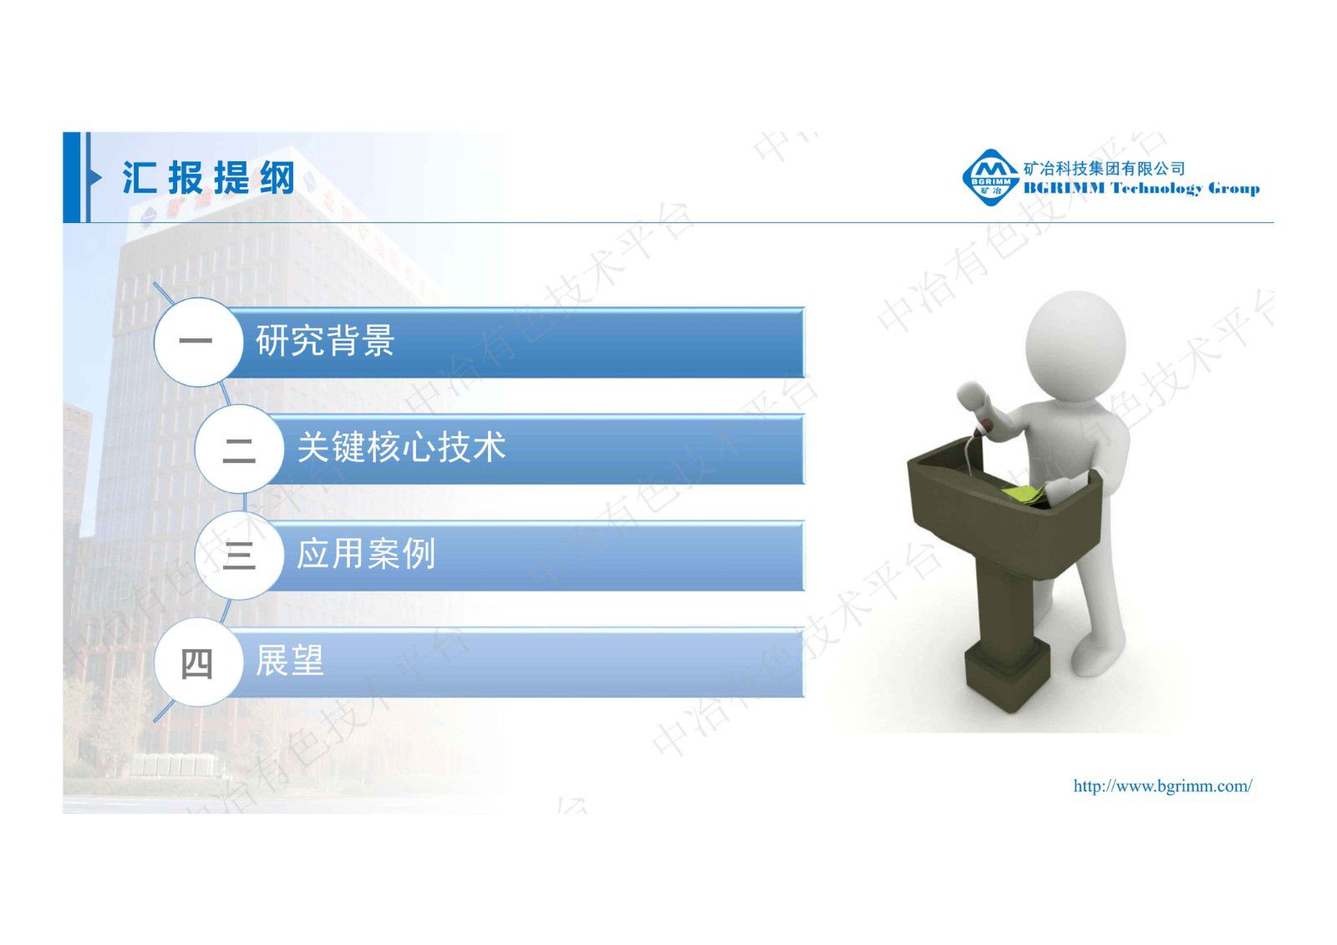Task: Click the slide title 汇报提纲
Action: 208,178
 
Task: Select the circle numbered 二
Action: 238,449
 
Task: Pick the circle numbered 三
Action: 238,555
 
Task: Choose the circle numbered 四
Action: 196,663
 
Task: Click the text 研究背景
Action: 324,341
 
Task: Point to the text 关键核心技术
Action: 401,448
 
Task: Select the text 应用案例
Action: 366,554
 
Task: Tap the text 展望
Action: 289,661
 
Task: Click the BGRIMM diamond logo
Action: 989,177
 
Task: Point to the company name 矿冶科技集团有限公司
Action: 1104,168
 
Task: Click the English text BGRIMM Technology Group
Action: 1141,189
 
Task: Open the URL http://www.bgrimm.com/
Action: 1162,785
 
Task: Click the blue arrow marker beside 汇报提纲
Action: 95,177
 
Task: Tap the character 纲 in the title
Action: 277,178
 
